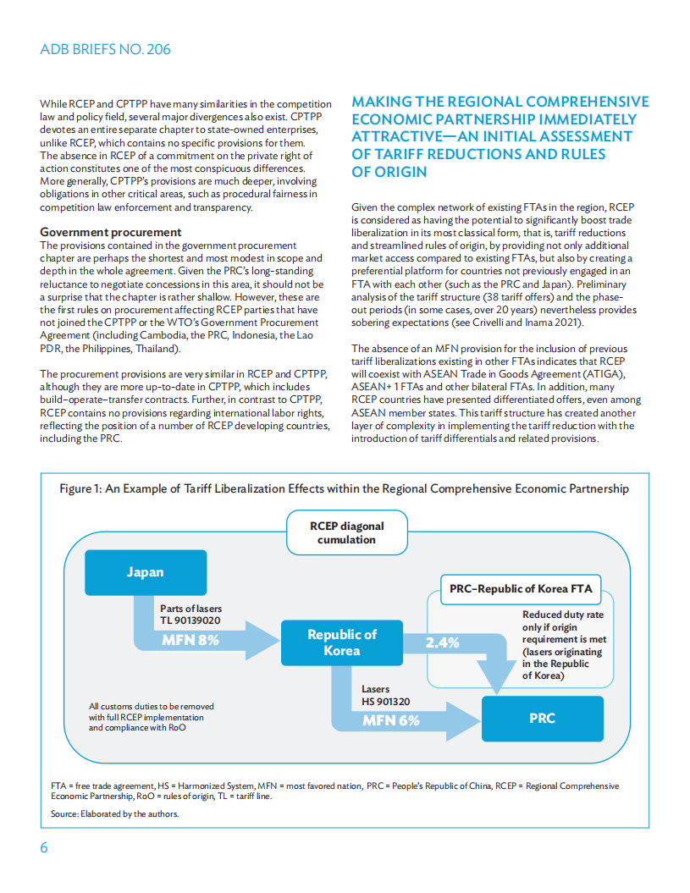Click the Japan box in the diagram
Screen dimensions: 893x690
tap(145, 572)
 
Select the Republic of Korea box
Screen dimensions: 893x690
tap(341, 642)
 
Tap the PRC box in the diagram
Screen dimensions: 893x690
tap(542, 718)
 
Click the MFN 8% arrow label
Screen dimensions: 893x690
tap(190, 641)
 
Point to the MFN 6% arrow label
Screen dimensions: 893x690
tap(390, 720)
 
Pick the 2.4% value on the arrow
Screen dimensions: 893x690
tap(442, 642)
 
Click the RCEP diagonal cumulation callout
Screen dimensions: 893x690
tap(346, 532)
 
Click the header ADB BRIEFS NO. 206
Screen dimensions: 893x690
tap(105, 49)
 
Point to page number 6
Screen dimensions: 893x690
tap(44, 848)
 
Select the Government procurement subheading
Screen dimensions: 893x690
tap(111, 232)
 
